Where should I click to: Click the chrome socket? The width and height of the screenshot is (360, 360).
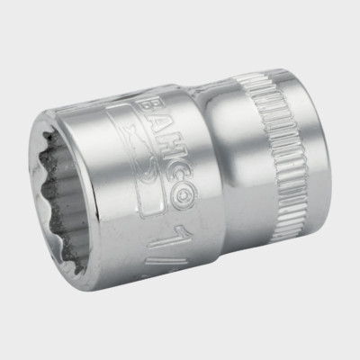[180, 180]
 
